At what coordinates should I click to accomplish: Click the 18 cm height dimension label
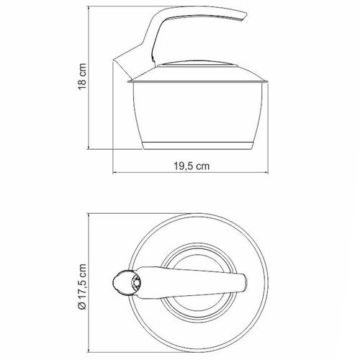[x=82, y=77]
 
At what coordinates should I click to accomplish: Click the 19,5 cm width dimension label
[x=192, y=166]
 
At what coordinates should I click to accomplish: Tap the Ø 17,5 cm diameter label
[x=82, y=287]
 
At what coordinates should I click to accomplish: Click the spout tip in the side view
[x=113, y=60]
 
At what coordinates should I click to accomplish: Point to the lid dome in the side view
[x=197, y=63]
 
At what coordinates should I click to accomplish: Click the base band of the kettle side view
[x=197, y=145]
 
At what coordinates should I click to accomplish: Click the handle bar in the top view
[x=189, y=282]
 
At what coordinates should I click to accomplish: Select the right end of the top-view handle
[x=246, y=283]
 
